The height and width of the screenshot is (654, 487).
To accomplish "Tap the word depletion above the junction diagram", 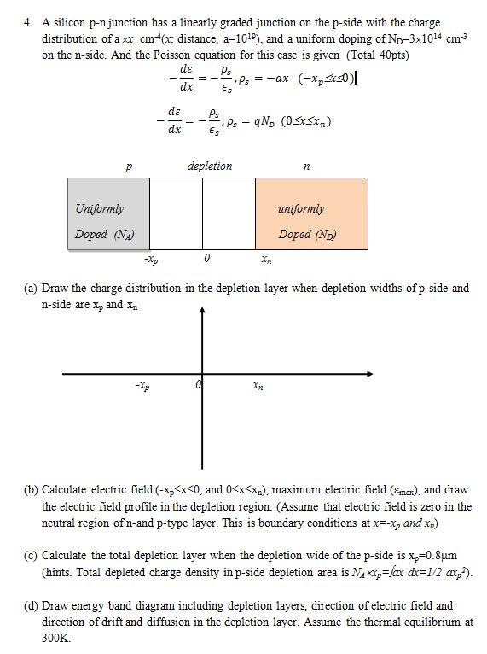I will pos(209,166).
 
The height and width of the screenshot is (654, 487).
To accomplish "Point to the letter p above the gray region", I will pos(129,167).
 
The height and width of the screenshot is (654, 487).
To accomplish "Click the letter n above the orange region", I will pos(306,168).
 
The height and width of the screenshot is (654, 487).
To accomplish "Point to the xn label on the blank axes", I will pos(258,387).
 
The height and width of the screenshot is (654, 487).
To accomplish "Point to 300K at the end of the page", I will pos(56,637).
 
